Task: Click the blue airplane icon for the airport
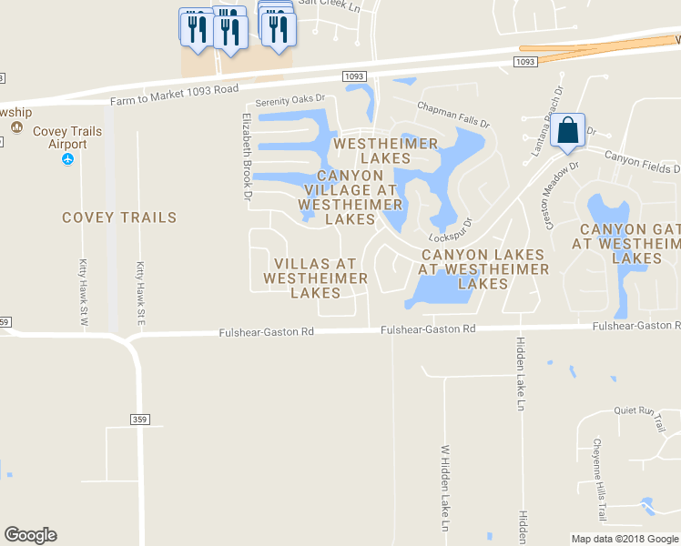tap(67, 159)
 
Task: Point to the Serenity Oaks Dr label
tap(290, 101)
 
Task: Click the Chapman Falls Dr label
tap(453, 115)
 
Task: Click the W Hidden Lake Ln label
tap(446, 487)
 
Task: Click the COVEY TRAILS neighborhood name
tap(119, 217)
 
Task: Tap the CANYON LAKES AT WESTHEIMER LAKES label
tap(483, 269)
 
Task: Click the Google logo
tap(30, 535)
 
